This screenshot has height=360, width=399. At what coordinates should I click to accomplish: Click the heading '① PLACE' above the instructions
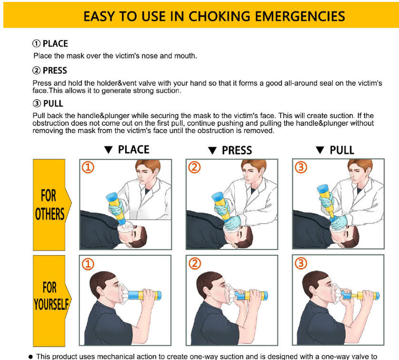(50, 44)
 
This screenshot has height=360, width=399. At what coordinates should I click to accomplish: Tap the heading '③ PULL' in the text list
(48, 103)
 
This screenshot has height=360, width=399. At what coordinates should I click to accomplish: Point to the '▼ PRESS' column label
(230, 150)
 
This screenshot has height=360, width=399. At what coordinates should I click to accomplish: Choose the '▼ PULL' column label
(336, 150)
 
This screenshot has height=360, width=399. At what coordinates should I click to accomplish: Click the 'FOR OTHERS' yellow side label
(50, 205)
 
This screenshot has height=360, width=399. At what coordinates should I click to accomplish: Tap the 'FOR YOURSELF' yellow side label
(50, 295)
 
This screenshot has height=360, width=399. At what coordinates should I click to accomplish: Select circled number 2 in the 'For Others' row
(196, 168)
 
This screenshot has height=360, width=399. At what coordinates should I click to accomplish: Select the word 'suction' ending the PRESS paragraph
(167, 90)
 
